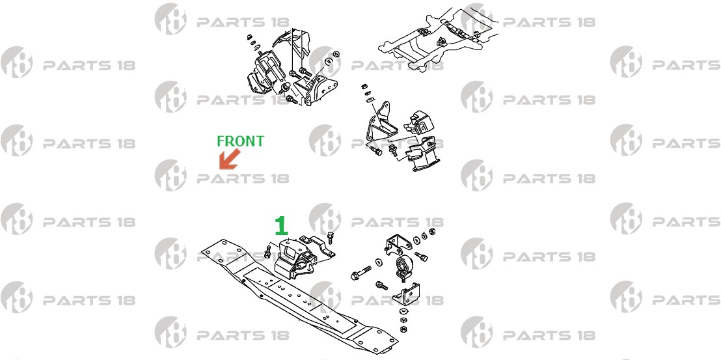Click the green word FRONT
pos(241,141)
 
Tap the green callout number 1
pos(281,226)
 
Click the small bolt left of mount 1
pos(267,251)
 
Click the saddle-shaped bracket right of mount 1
pos(316,249)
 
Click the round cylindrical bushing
pos(403,267)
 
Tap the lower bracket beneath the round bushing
pos(406,295)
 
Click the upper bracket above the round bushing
pos(396,242)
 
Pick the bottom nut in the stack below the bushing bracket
pos(401,329)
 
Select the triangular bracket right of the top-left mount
pos(318,90)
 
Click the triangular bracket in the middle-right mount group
pos(379,122)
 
